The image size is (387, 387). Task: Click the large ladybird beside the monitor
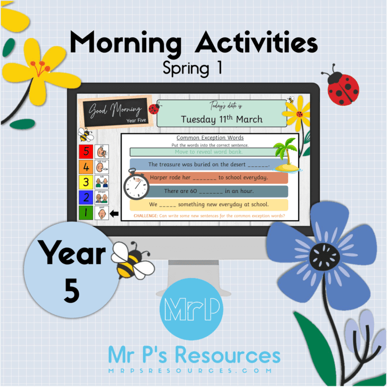click(342, 84)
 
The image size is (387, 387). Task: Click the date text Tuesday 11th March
click(222, 119)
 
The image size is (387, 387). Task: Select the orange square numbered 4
click(86, 167)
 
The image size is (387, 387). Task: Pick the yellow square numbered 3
click(86, 182)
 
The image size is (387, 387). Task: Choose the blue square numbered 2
click(86, 197)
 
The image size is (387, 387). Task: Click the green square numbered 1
click(86, 213)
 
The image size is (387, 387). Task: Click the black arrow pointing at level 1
click(114, 214)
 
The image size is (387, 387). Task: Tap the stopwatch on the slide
click(136, 185)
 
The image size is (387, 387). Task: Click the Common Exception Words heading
click(210, 138)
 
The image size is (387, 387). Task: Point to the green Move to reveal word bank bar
click(209, 152)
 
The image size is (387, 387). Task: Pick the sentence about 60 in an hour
click(209, 191)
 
